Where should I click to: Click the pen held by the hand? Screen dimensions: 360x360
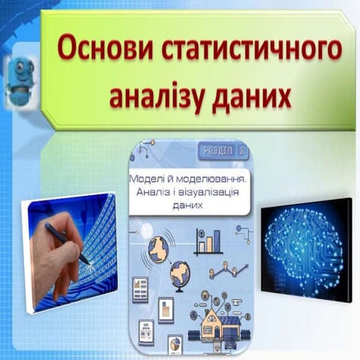67,241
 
